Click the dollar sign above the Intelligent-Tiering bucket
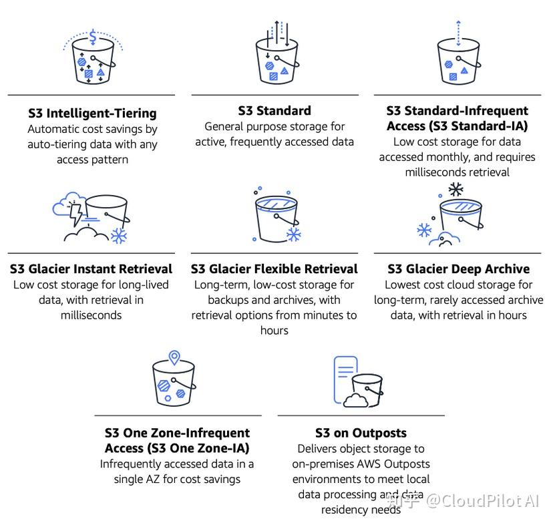[93, 37]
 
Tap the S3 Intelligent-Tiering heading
[92, 114]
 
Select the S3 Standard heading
[274, 111]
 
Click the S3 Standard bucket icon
[274, 59]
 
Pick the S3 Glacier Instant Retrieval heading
[91, 269]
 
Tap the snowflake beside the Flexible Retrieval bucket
[293, 234]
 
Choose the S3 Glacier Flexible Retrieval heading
[274, 269]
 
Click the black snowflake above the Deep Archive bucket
[456, 190]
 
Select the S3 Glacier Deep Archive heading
[459, 269]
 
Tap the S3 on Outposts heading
[361, 433]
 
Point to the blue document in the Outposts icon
[345, 377]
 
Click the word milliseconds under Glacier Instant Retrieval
[91, 315]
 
